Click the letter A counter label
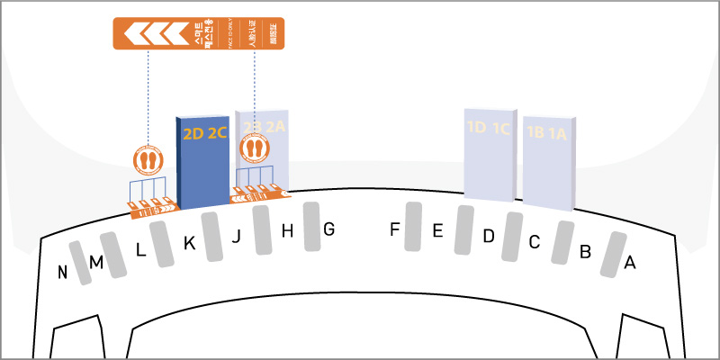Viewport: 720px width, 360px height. (x=630, y=263)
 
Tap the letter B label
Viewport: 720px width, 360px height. (x=585, y=252)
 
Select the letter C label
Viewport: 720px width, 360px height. (x=534, y=241)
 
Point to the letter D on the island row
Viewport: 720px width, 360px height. (x=489, y=236)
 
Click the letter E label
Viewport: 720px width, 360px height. (x=437, y=231)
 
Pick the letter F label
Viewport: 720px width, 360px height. (x=394, y=229)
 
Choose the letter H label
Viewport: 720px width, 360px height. (x=288, y=231)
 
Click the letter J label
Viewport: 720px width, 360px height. (x=237, y=237)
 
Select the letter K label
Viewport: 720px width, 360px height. (x=189, y=242)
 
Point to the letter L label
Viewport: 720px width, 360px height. (x=140, y=250)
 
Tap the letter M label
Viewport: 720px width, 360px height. (x=95, y=262)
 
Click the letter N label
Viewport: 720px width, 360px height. (x=63, y=273)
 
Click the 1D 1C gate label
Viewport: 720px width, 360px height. (x=489, y=128)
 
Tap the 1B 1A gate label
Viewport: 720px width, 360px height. (x=547, y=133)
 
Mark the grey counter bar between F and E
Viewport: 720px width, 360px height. (x=414, y=227)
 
